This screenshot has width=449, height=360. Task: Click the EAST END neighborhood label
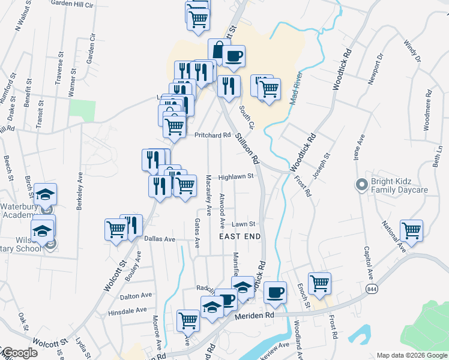coord(240,236)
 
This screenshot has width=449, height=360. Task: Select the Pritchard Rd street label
coord(212,135)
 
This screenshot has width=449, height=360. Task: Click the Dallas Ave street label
coord(160,239)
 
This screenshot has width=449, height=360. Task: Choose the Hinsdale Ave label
coord(127,311)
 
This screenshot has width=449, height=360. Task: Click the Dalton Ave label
coord(136,296)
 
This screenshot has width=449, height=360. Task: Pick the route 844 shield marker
coord(371,289)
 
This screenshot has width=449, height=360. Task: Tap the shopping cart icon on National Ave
coord(411,230)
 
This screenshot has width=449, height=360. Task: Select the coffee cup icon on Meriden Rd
coord(275,292)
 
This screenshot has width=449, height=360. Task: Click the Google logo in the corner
coord(19,353)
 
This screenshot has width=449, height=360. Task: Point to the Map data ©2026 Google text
coord(411,355)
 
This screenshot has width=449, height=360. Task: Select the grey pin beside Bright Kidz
coord(361,185)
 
